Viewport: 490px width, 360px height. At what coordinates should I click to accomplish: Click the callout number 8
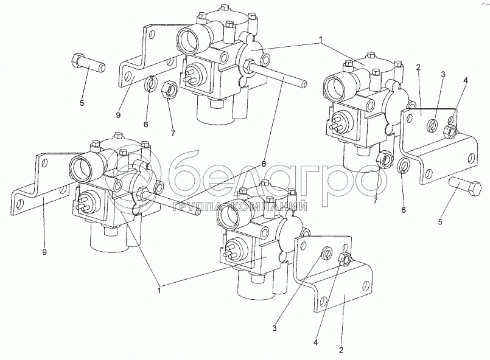point(264,164)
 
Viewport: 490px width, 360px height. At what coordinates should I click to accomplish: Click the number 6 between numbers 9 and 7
point(145,124)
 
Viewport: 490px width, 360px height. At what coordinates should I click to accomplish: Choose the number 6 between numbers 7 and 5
point(404,210)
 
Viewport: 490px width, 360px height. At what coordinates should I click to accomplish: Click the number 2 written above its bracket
point(418,67)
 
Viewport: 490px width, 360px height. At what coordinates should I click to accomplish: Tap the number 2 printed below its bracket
point(341,350)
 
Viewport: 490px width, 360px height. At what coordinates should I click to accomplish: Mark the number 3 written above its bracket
point(443,74)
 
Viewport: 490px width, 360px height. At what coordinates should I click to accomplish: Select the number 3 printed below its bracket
point(275,328)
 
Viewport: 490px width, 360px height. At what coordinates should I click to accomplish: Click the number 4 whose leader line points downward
point(465,80)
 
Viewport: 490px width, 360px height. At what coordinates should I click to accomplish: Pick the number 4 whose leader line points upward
point(315,342)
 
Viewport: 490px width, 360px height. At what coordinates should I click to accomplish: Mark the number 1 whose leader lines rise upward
point(159,291)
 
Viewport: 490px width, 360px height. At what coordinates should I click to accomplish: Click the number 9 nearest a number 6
point(118,115)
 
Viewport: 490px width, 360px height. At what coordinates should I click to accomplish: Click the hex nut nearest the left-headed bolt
point(169,89)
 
